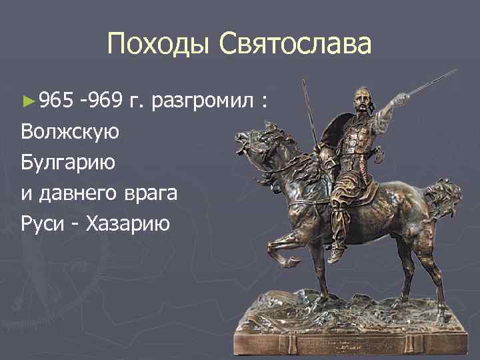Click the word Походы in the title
coord(152,46)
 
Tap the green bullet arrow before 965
coord(27,102)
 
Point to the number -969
coord(101,101)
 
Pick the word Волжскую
coord(70,132)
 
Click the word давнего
coord(84,193)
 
